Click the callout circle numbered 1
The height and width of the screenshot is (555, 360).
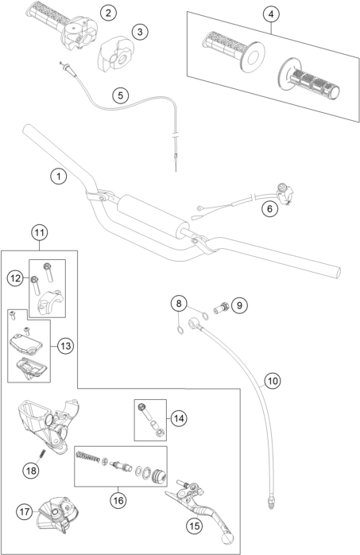point(58,176)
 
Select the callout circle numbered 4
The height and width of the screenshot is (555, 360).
point(271,14)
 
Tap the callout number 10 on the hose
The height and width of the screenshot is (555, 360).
point(273,381)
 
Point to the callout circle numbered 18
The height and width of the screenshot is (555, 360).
point(31,471)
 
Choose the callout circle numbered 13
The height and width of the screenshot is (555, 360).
point(65,345)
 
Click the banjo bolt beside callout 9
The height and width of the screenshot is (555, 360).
point(221,307)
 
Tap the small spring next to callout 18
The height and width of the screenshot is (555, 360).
point(42,452)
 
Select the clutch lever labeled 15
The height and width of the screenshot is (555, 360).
point(199,510)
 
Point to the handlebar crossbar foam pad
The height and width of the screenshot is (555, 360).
point(153,215)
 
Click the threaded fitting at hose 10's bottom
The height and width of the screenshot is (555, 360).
point(270,503)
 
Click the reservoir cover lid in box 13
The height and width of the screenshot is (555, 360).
point(25,342)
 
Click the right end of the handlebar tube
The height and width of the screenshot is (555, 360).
point(337,272)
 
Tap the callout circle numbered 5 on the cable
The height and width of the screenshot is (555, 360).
point(121,95)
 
